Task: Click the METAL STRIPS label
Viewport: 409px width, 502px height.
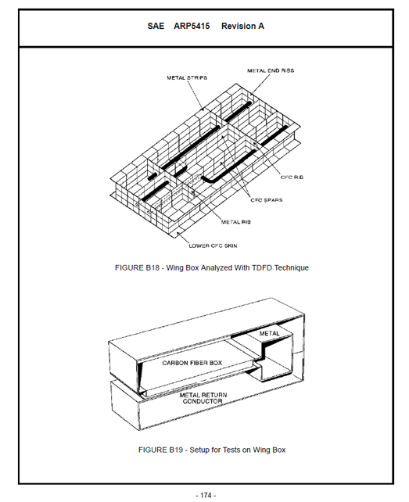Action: (x=187, y=77)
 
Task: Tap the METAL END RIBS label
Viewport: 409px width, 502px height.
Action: (x=271, y=70)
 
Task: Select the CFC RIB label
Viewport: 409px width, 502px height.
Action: (x=292, y=177)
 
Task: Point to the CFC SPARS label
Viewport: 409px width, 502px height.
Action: (x=267, y=200)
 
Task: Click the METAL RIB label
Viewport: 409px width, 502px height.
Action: (x=236, y=222)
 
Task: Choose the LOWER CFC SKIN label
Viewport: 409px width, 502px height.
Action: (x=213, y=246)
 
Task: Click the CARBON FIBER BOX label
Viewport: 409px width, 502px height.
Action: (x=192, y=363)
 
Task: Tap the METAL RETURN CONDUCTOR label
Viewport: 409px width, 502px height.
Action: (x=203, y=398)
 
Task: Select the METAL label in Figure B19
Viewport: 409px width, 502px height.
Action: (x=269, y=333)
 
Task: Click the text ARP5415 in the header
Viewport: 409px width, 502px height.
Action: (x=192, y=27)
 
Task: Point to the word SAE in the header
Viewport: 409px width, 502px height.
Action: (x=156, y=27)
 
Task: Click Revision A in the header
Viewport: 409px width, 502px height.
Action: (x=242, y=27)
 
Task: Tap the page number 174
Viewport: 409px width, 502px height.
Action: (x=206, y=495)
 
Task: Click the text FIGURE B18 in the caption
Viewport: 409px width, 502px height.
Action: (x=137, y=268)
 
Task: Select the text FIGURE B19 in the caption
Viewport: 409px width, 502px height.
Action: (x=160, y=450)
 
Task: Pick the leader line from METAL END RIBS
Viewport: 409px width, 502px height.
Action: (x=260, y=84)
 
